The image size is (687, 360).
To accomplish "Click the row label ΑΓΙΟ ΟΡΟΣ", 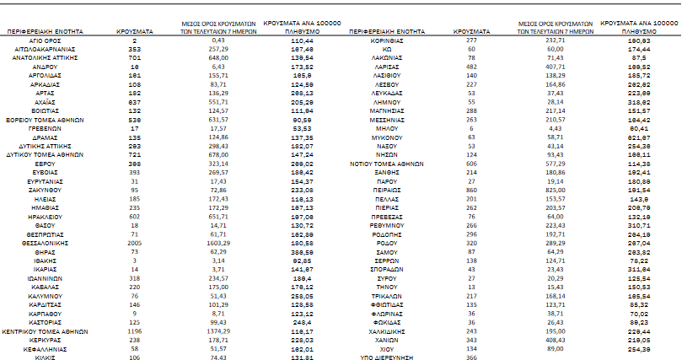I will point(48,40).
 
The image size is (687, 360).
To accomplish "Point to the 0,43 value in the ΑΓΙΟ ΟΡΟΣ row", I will point(218,40).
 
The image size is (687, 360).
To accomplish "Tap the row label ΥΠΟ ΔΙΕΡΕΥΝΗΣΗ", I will point(386,357).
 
